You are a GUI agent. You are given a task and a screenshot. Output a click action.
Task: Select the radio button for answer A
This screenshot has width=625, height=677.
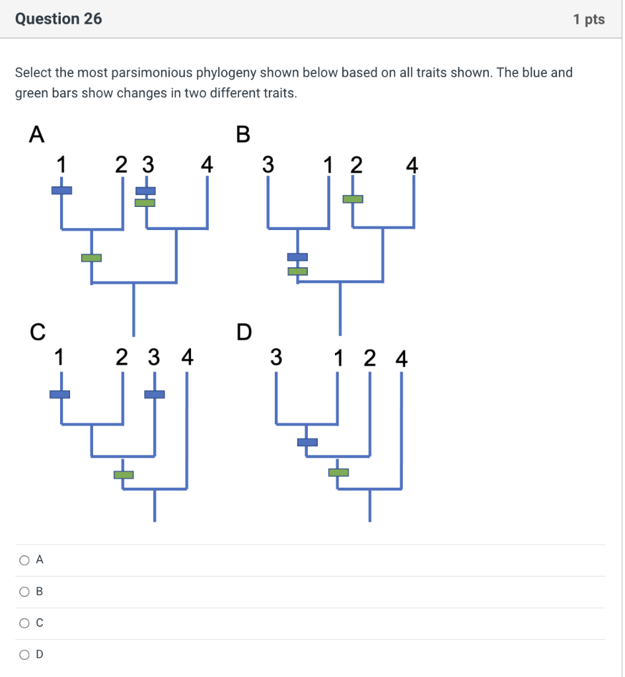click(x=24, y=560)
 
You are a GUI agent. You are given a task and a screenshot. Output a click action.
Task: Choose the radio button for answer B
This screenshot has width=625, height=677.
click(x=24, y=592)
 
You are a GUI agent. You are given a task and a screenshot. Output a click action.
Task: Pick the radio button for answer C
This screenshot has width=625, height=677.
click(x=24, y=623)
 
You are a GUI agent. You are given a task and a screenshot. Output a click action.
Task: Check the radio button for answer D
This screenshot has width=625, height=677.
click(x=24, y=655)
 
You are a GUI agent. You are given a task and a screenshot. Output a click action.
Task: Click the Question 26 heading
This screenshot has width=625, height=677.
click(x=59, y=19)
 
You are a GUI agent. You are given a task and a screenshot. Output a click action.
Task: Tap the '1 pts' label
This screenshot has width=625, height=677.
click(x=589, y=19)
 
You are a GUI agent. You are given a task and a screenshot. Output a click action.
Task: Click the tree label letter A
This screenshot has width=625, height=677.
click(x=37, y=134)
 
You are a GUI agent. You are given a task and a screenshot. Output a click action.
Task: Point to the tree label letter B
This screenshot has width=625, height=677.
click(x=243, y=134)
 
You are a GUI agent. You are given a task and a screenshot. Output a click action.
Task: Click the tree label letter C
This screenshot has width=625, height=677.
click(x=38, y=331)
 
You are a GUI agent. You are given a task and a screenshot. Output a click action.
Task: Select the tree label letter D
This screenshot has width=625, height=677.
click(x=244, y=331)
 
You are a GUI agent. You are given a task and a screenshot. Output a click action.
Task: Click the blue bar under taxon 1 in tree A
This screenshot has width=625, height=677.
click(x=61, y=190)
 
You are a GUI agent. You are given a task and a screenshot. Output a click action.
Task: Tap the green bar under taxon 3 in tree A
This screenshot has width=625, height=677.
click(x=145, y=202)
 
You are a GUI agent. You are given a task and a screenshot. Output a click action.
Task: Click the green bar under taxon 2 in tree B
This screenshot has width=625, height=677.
click(x=353, y=198)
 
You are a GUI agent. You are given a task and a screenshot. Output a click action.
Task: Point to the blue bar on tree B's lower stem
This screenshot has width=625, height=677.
click(x=297, y=257)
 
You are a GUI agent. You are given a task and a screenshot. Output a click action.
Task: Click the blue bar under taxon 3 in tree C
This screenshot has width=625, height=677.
click(x=155, y=394)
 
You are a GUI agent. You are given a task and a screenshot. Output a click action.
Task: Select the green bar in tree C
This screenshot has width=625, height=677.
click(x=124, y=475)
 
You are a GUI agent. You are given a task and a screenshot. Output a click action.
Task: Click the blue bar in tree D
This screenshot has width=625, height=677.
click(x=307, y=442)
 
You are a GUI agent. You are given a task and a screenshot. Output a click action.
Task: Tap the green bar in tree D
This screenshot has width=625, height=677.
click(x=338, y=472)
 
